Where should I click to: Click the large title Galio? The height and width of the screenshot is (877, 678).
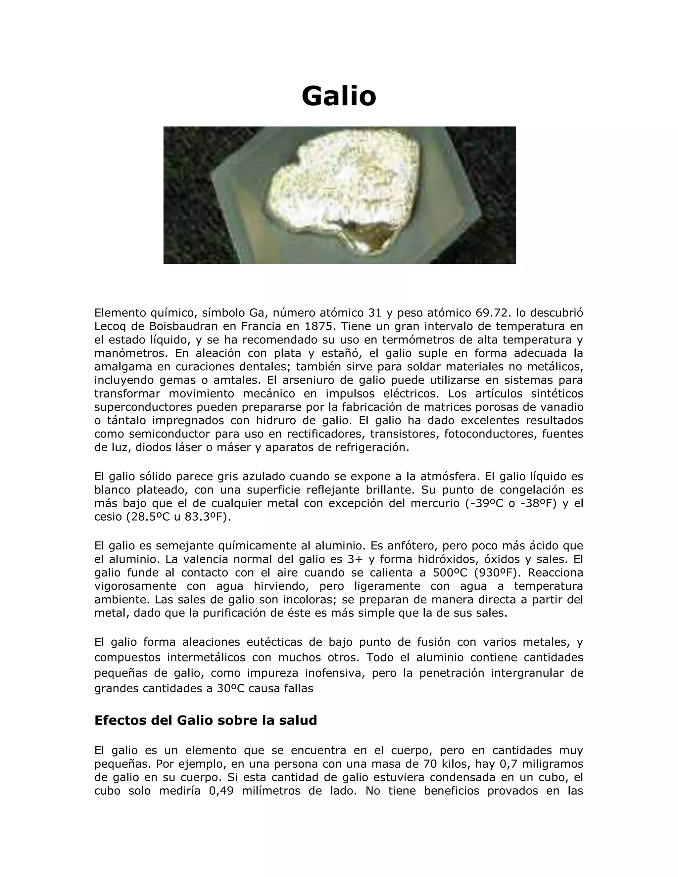point(339,96)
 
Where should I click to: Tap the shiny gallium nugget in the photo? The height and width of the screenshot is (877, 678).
point(345,189)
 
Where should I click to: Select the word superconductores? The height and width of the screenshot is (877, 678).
point(143,407)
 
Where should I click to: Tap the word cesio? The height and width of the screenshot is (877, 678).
point(108,517)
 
